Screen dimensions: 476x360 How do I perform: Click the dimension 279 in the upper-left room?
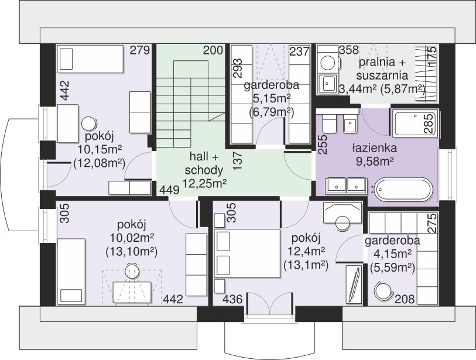pos(140,50)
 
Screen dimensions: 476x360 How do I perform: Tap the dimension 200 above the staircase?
pos(213,50)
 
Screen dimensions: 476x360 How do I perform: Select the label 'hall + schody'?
pos(204,163)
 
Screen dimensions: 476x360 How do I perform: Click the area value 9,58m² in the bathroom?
pos(375,162)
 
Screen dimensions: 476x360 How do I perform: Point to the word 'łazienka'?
pos(375,148)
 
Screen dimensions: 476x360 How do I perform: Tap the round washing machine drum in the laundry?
pos(328,63)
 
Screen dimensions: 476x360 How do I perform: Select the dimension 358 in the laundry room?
pos(349,50)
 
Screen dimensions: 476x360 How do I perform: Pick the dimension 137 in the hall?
pos(238,160)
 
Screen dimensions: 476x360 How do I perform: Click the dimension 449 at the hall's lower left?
pos(169,190)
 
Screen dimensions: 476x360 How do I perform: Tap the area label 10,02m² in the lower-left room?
pos(132,238)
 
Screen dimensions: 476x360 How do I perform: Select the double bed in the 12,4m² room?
pos(247,253)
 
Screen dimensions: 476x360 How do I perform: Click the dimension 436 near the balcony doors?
pos(232,300)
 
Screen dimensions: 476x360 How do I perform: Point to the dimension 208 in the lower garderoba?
pos(405,299)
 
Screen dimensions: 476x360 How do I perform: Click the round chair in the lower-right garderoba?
pos(383,290)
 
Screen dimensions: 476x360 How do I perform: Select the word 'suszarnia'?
pos(382,76)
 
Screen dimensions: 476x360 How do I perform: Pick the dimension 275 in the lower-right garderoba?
pos(432,223)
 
